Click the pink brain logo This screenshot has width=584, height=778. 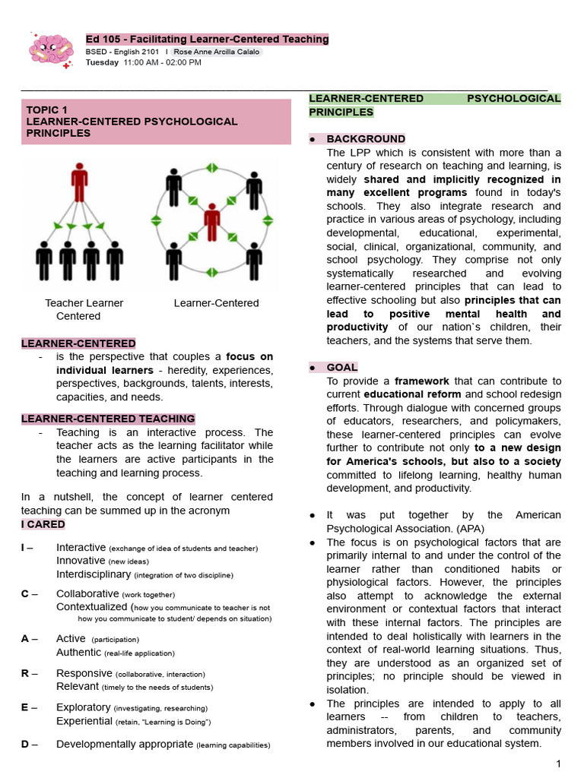pos(50,49)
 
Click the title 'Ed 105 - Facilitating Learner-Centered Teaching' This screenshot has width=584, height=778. pos(207,39)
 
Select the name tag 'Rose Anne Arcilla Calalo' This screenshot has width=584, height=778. pos(217,52)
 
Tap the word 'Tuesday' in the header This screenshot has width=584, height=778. pos(102,62)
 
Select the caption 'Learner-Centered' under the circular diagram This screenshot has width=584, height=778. pos(216,303)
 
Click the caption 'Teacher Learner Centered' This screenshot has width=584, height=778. pos(83,309)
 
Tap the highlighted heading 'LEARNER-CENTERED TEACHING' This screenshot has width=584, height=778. pos(108,419)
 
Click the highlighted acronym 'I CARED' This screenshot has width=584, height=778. pos(43,524)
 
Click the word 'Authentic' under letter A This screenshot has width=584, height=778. pos(78,652)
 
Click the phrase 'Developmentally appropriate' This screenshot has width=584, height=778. pos(125,744)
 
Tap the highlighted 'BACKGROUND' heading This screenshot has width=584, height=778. pos(366,139)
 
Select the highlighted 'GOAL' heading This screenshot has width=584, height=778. pos(341,367)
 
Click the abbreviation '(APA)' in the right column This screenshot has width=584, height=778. pos(468,529)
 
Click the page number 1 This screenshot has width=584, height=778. pos(557,764)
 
